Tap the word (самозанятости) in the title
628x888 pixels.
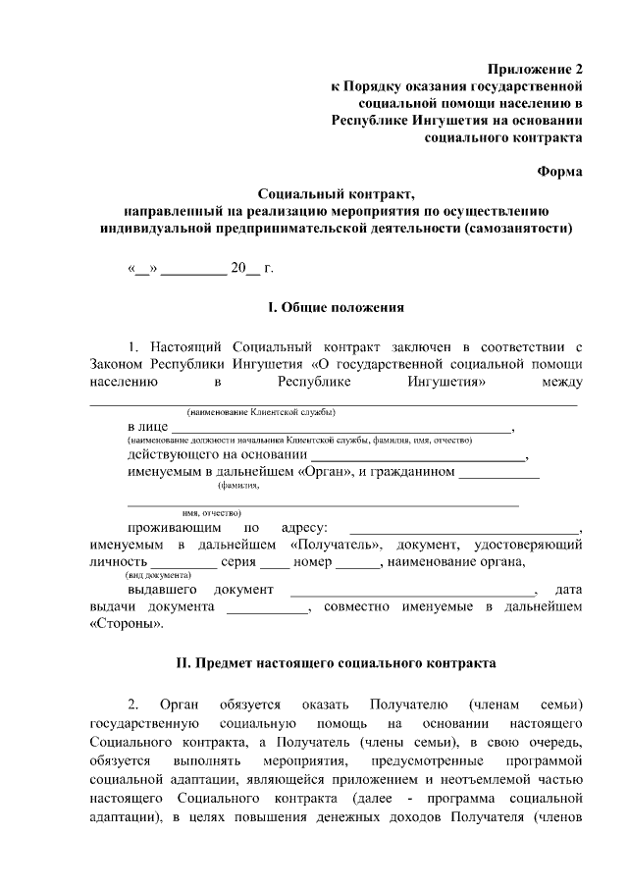[511, 228]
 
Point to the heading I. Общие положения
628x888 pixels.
[337, 308]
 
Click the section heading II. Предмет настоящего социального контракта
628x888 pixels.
[336, 663]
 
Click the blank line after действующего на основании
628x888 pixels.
[418, 456]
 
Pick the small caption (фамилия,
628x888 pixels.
[238, 485]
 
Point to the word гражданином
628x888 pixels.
[413, 472]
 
